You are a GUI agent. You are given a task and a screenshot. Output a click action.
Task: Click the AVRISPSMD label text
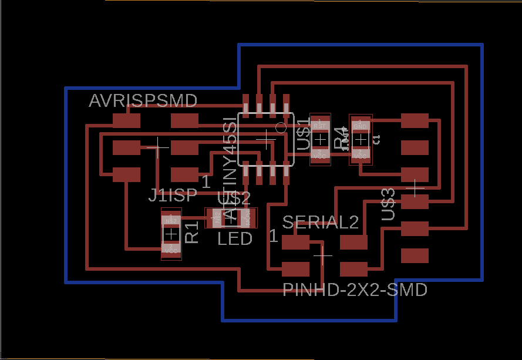point(143,101)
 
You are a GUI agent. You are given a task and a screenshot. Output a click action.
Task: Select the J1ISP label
point(173,196)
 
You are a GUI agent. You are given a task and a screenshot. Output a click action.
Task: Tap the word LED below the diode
point(235,238)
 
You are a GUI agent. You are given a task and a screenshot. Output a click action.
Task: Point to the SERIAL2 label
point(320,222)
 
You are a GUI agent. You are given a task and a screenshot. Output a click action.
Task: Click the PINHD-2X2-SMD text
point(355,290)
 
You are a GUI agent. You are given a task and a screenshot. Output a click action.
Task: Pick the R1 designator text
point(192,233)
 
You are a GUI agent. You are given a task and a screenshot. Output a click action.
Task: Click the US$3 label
point(388,204)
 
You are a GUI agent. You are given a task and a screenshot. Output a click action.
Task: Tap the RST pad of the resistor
point(320,125)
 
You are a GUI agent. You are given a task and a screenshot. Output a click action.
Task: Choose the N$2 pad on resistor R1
point(171,220)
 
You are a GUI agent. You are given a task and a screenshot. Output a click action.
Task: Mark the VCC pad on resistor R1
point(171,250)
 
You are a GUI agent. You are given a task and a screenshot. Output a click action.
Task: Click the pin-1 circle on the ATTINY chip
point(281,127)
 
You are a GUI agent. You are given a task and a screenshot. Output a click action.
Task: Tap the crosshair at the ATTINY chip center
point(267,139)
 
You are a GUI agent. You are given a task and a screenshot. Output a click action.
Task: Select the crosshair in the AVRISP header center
point(157,147)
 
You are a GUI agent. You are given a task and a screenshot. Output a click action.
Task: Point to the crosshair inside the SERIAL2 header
point(323,255)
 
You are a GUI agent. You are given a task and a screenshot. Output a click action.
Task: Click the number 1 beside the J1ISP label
point(206,181)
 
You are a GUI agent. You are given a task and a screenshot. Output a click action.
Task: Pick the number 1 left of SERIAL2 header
point(273,236)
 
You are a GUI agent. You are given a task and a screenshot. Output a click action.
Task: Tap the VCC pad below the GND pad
point(361,155)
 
